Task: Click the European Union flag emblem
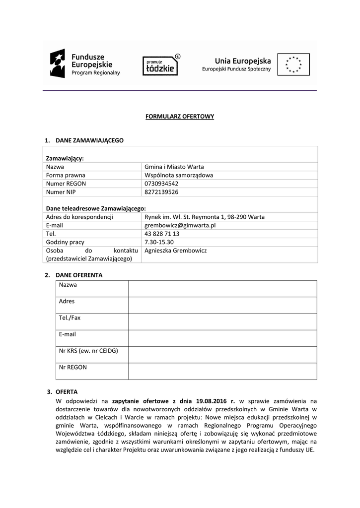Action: (x=293, y=64)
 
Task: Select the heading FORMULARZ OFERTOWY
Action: (x=179, y=117)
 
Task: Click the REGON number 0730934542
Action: (x=161, y=183)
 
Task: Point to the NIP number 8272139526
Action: (x=161, y=191)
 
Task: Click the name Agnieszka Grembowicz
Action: (x=175, y=251)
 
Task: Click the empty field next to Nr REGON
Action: (x=222, y=371)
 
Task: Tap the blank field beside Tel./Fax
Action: (x=222, y=321)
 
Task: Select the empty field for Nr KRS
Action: (x=222, y=355)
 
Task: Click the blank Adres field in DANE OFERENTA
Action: (x=222, y=305)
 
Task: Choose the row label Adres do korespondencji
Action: (x=79, y=217)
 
